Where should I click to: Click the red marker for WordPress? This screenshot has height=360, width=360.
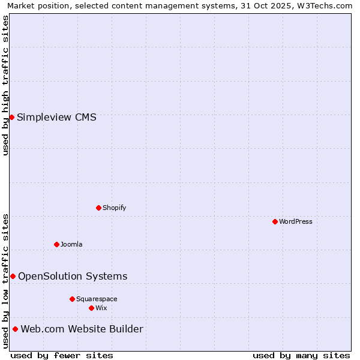[275, 221]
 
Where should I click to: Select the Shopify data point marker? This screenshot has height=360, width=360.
[98, 208]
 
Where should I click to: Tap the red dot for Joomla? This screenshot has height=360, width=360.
[56, 244]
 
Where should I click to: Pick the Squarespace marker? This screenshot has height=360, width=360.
[72, 299]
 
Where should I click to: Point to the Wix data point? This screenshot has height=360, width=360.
[91, 308]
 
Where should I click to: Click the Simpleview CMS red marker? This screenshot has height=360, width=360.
[11, 117]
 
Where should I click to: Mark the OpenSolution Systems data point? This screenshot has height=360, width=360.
[13, 276]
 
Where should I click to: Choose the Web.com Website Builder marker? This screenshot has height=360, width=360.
[15, 329]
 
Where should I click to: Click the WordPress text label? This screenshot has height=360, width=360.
[296, 222]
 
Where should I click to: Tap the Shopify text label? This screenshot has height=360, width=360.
[114, 208]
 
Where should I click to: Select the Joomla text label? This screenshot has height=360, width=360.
[71, 245]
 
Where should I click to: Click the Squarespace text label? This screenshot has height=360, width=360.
[97, 299]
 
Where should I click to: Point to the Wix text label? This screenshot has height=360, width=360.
[101, 308]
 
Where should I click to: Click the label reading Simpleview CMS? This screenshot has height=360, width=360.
[56, 118]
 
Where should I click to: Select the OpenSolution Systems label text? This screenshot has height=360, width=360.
[73, 277]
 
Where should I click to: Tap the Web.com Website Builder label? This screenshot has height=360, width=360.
[82, 329]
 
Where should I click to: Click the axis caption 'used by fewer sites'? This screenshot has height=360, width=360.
[62, 355]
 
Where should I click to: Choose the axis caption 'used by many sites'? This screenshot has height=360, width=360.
[301, 355]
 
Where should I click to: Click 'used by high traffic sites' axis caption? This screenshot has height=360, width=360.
[5, 85]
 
